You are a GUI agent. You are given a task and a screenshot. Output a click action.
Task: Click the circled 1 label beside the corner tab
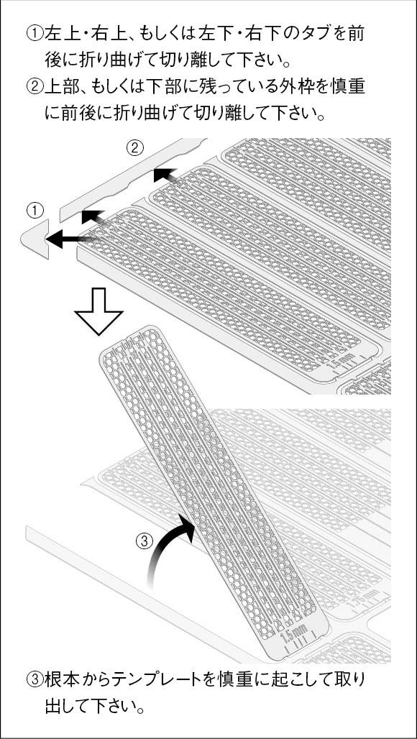[35, 210]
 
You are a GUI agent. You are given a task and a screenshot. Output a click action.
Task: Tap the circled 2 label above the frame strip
[134, 149]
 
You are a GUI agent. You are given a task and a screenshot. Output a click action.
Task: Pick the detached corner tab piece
[35, 239]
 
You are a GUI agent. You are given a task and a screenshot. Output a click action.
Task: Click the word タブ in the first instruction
[310, 34]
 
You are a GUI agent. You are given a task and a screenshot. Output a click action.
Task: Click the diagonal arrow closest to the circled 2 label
[166, 177]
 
